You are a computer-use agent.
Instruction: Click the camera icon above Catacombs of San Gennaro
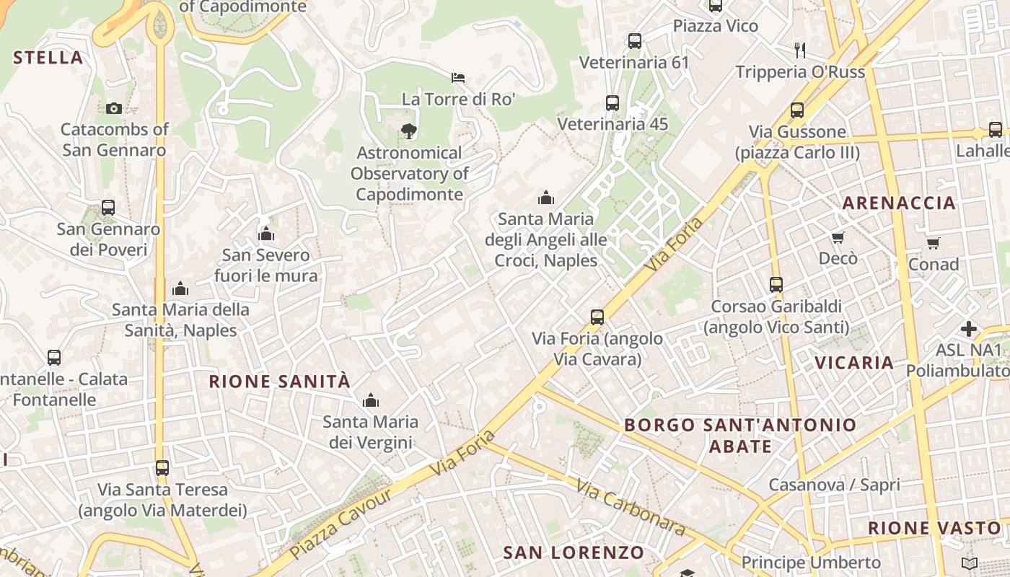pyautogui.click(x=114, y=108)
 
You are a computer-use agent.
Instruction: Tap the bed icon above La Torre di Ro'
pyautogui.click(x=458, y=78)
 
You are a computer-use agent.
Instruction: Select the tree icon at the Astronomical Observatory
pyautogui.click(x=409, y=131)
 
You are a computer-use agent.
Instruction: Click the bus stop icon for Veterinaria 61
pyautogui.click(x=635, y=41)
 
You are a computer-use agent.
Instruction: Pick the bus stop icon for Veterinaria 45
pyautogui.click(x=612, y=103)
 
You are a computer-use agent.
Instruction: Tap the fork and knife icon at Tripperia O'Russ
pyautogui.click(x=799, y=50)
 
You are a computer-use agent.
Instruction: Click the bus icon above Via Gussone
pyautogui.click(x=797, y=110)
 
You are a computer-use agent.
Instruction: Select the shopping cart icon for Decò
pyautogui.click(x=838, y=237)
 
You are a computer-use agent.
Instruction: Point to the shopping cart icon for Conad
pyautogui.click(x=934, y=243)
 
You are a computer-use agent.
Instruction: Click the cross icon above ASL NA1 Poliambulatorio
pyautogui.click(x=969, y=329)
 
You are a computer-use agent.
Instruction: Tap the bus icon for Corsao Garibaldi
pyautogui.click(x=776, y=285)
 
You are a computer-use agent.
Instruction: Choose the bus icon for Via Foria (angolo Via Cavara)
pyautogui.click(x=597, y=317)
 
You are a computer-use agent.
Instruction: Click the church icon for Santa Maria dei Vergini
pyautogui.click(x=371, y=400)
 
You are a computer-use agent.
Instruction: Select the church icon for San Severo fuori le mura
pyautogui.click(x=266, y=234)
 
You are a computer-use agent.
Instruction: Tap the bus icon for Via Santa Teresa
pyautogui.click(x=162, y=468)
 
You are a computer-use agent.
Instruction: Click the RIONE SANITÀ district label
pyautogui.click(x=279, y=382)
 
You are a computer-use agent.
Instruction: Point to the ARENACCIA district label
pyautogui.click(x=899, y=203)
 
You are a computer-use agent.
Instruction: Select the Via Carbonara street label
pyautogui.click(x=631, y=507)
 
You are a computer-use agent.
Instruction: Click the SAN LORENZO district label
pyautogui.click(x=574, y=553)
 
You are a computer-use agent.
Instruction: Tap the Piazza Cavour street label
pyautogui.click(x=341, y=524)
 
